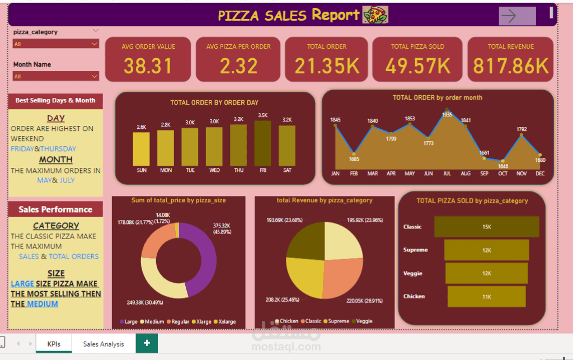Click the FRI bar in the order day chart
click(x=262, y=143)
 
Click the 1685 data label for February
click(x=354, y=159)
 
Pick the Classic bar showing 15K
click(x=486, y=227)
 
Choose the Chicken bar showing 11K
click(x=486, y=296)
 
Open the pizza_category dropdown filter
click(x=56, y=44)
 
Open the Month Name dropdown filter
click(x=56, y=76)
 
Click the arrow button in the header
click(x=516, y=16)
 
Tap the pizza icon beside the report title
click(x=375, y=15)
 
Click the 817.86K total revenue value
click(x=511, y=66)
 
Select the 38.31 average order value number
click(x=148, y=66)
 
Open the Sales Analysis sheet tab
click(x=104, y=344)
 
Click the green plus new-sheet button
click(x=147, y=343)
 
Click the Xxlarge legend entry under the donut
click(x=225, y=322)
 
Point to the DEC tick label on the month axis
click(x=539, y=174)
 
